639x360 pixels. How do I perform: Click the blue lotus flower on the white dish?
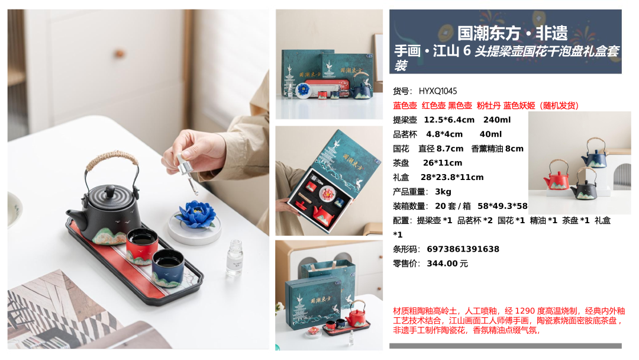click(197, 214)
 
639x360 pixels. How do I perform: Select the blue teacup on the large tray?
click(168, 268)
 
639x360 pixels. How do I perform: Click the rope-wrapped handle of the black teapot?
click(112, 161)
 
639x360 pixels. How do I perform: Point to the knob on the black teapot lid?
click(109, 191)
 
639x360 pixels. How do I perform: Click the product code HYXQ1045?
click(438, 91)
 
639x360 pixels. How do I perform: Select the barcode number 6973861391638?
click(463, 249)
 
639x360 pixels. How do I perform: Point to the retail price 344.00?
click(443, 263)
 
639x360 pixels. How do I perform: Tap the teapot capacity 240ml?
click(497, 120)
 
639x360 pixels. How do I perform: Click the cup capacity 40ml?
click(490, 134)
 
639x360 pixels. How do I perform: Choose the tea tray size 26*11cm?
click(443, 163)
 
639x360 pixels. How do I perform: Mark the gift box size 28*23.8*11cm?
click(452, 178)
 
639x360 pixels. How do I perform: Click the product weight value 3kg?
click(443, 192)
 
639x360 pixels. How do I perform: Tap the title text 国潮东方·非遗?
click(512, 33)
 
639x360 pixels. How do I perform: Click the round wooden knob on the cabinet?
click(119, 53)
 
